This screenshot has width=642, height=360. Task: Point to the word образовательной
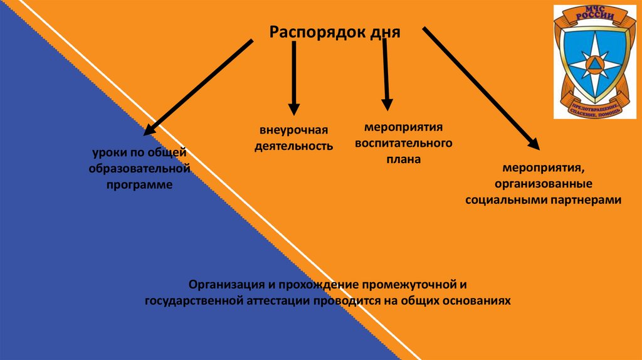point(139,169)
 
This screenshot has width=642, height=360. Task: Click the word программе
point(139,185)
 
